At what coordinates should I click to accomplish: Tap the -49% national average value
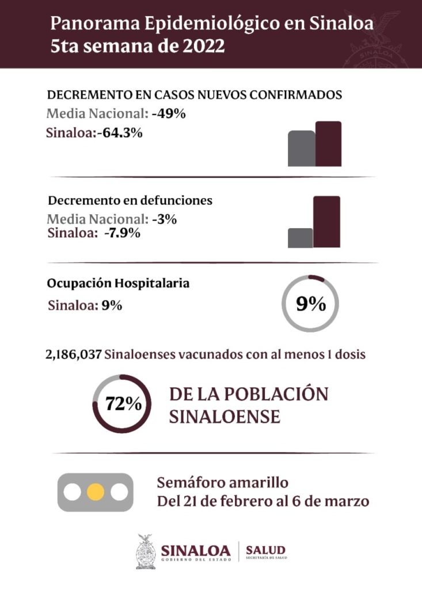[x=169, y=114]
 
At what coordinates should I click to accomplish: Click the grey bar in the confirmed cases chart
[x=301, y=149]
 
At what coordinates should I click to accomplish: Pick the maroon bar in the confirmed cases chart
[x=328, y=144]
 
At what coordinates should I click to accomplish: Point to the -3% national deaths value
[x=164, y=219]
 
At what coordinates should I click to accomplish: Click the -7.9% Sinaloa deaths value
[x=122, y=233]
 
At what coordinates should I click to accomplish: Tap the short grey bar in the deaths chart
[x=300, y=238]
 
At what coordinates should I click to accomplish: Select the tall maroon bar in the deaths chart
[x=326, y=222]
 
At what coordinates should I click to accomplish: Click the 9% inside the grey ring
[x=311, y=304]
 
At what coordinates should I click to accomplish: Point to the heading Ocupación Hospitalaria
[x=119, y=284]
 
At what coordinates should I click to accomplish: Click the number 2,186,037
[x=74, y=354]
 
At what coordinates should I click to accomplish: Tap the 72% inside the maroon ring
[x=123, y=403]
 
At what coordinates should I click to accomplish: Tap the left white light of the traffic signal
[x=73, y=493]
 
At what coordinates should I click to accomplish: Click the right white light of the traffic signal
[x=119, y=493]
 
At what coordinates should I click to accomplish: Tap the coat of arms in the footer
[x=146, y=551]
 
